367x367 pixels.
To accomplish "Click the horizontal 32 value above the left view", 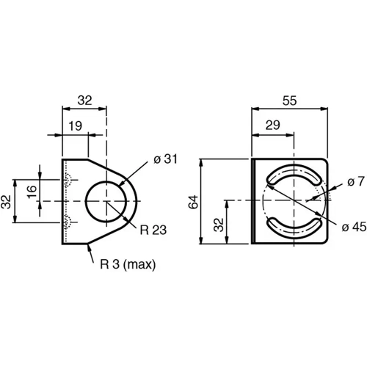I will coord(84,100).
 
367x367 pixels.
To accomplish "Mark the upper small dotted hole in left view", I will coord(67,181).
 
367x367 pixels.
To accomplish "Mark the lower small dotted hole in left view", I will coord(67,221).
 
